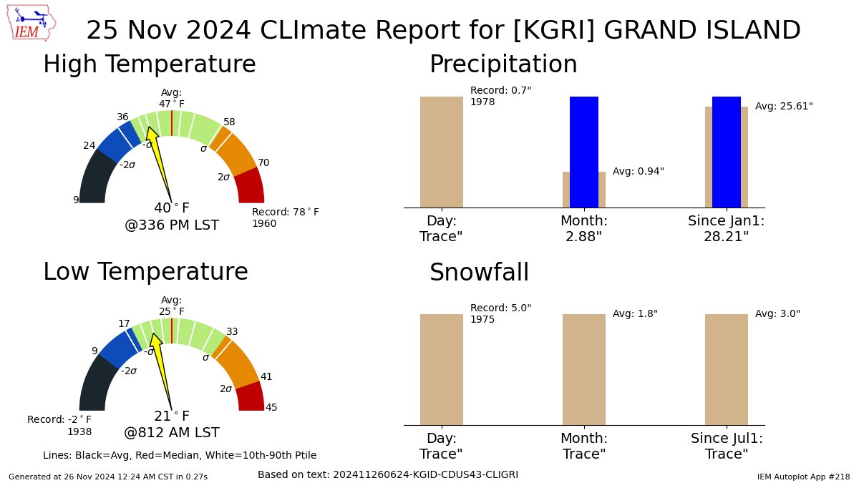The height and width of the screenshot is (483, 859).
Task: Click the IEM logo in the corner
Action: [x=33, y=23]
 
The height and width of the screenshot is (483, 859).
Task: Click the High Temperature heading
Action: [x=149, y=64]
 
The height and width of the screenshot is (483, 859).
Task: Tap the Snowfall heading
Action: [x=479, y=273]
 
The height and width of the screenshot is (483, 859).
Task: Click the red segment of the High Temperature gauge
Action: [x=249, y=186]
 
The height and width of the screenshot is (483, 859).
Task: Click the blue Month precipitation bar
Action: [x=583, y=152]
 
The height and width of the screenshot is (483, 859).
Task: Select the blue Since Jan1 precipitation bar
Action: [x=726, y=152]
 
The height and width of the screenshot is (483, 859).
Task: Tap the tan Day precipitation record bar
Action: [x=441, y=152]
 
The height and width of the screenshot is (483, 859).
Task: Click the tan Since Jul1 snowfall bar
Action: [x=726, y=369]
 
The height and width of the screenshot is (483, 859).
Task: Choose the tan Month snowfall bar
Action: [x=583, y=369]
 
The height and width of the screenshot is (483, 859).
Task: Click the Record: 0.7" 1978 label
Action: [x=500, y=96]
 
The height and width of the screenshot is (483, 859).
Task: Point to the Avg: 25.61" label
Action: [x=784, y=106]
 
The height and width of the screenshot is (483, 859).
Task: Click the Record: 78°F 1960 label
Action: [x=285, y=218]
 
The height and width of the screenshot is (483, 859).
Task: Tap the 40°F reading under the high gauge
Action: [x=172, y=208]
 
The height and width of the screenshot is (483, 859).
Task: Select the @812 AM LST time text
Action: [x=172, y=432]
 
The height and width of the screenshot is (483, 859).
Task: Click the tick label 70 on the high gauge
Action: [x=263, y=162]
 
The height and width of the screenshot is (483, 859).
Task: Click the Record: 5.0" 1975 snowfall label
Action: [x=500, y=313]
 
